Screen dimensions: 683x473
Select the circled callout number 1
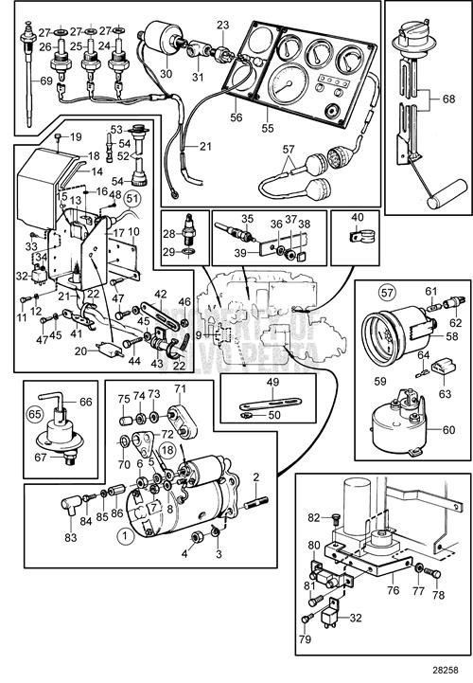pos(121,533)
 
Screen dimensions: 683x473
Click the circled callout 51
pos(132,198)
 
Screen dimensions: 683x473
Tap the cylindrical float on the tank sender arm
pos(439,199)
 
